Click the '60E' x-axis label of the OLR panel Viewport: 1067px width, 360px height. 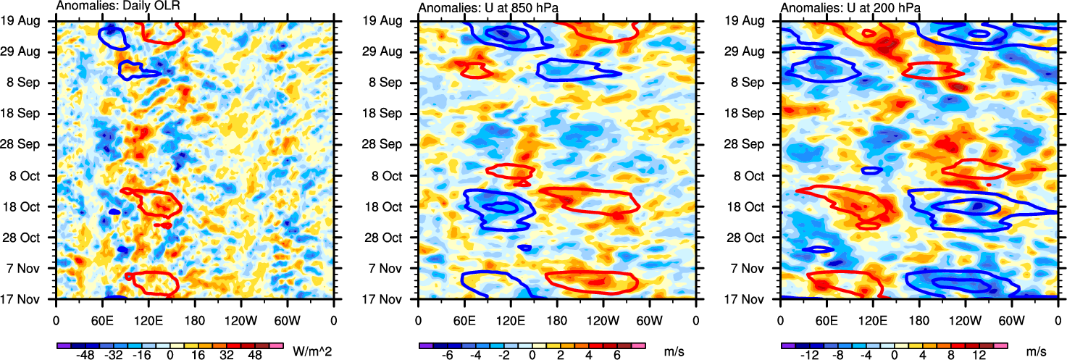pos(102,319)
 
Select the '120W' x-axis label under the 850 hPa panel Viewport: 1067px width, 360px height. pos(603,319)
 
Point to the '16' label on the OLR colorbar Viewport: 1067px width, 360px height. pos(198,356)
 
